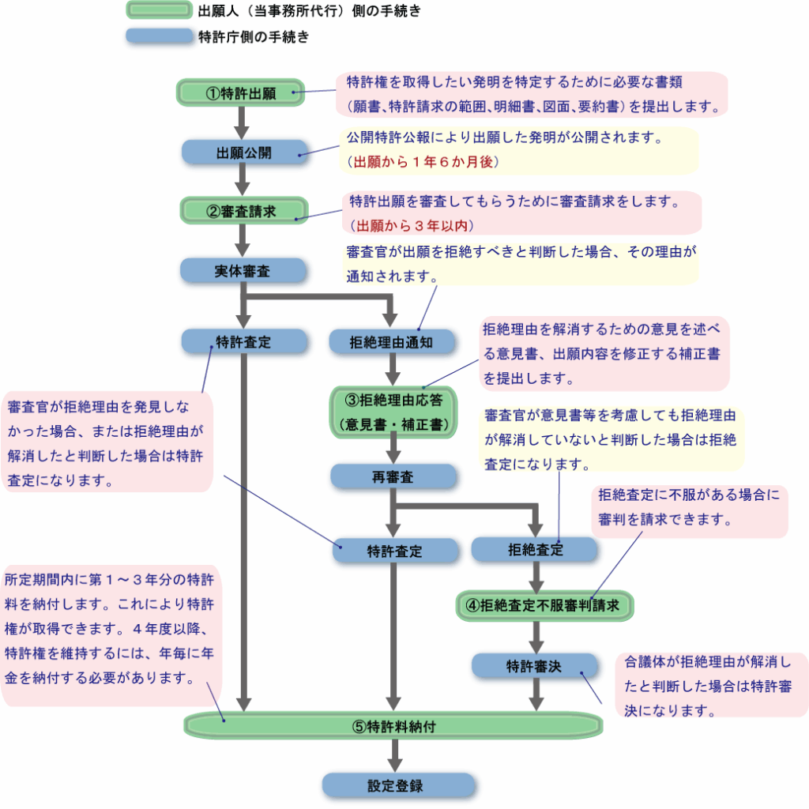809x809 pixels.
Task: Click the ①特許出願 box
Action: [x=240, y=93]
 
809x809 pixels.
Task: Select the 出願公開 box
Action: [x=245, y=152]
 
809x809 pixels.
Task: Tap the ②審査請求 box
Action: [x=243, y=211]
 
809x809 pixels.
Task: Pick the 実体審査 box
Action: [x=243, y=271]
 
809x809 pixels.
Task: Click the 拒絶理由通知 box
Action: [x=392, y=342]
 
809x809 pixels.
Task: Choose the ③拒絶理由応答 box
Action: [x=393, y=412]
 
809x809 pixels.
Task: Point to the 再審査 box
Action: [x=393, y=476]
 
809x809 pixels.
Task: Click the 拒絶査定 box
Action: [x=535, y=550]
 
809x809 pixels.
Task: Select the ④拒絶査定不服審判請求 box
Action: [x=544, y=606]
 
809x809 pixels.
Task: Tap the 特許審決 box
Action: [x=535, y=666]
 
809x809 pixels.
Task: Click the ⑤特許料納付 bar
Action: [x=393, y=726]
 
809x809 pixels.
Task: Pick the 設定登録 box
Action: [x=398, y=786]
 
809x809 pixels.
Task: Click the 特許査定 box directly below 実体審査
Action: [x=244, y=342]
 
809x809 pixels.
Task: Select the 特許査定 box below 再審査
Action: [x=395, y=551]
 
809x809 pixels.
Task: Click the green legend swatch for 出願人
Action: [x=160, y=10]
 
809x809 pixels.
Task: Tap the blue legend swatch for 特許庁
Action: [x=160, y=36]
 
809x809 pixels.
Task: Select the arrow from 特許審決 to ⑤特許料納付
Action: [x=536, y=694]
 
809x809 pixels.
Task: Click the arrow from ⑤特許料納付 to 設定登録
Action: [x=395, y=756]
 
